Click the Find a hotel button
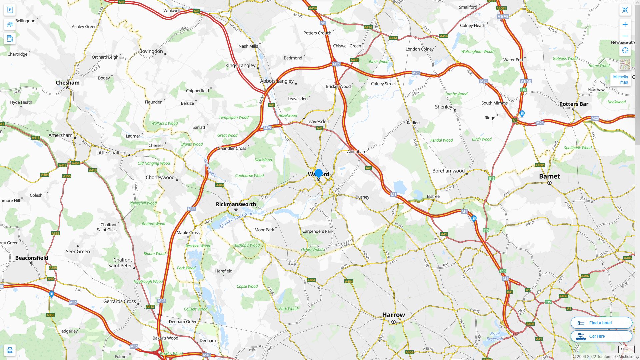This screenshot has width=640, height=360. pyautogui.click(x=601, y=323)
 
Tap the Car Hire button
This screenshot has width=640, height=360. pyautogui.click(x=601, y=336)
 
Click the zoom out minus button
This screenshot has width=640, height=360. pyautogui.click(x=625, y=36)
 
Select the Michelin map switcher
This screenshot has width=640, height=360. pyautogui.click(x=620, y=80)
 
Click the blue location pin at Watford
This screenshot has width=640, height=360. pyautogui.click(x=319, y=173)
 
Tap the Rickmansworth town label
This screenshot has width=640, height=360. pyautogui.click(x=236, y=204)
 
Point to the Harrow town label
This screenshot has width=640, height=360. pyautogui.click(x=393, y=315)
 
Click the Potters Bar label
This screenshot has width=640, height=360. pyautogui.click(x=574, y=104)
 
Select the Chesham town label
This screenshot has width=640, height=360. pyautogui.click(x=68, y=83)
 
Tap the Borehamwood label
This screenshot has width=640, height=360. pyautogui.click(x=448, y=171)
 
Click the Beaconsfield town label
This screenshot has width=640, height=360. pyautogui.click(x=32, y=258)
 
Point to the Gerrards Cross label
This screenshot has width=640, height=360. pyautogui.click(x=119, y=301)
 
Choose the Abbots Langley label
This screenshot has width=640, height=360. pyautogui.click(x=277, y=81)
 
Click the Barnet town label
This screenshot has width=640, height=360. pyautogui.click(x=549, y=176)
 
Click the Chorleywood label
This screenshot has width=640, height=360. pyautogui.click(x=160, y=177)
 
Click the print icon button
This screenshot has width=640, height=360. pyautogui.click(x=10, y=350)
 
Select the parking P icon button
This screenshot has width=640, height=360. pyautogui.click(x=10, y=10)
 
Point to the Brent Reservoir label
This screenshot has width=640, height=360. pyautogui.click(x=495, y=336)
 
